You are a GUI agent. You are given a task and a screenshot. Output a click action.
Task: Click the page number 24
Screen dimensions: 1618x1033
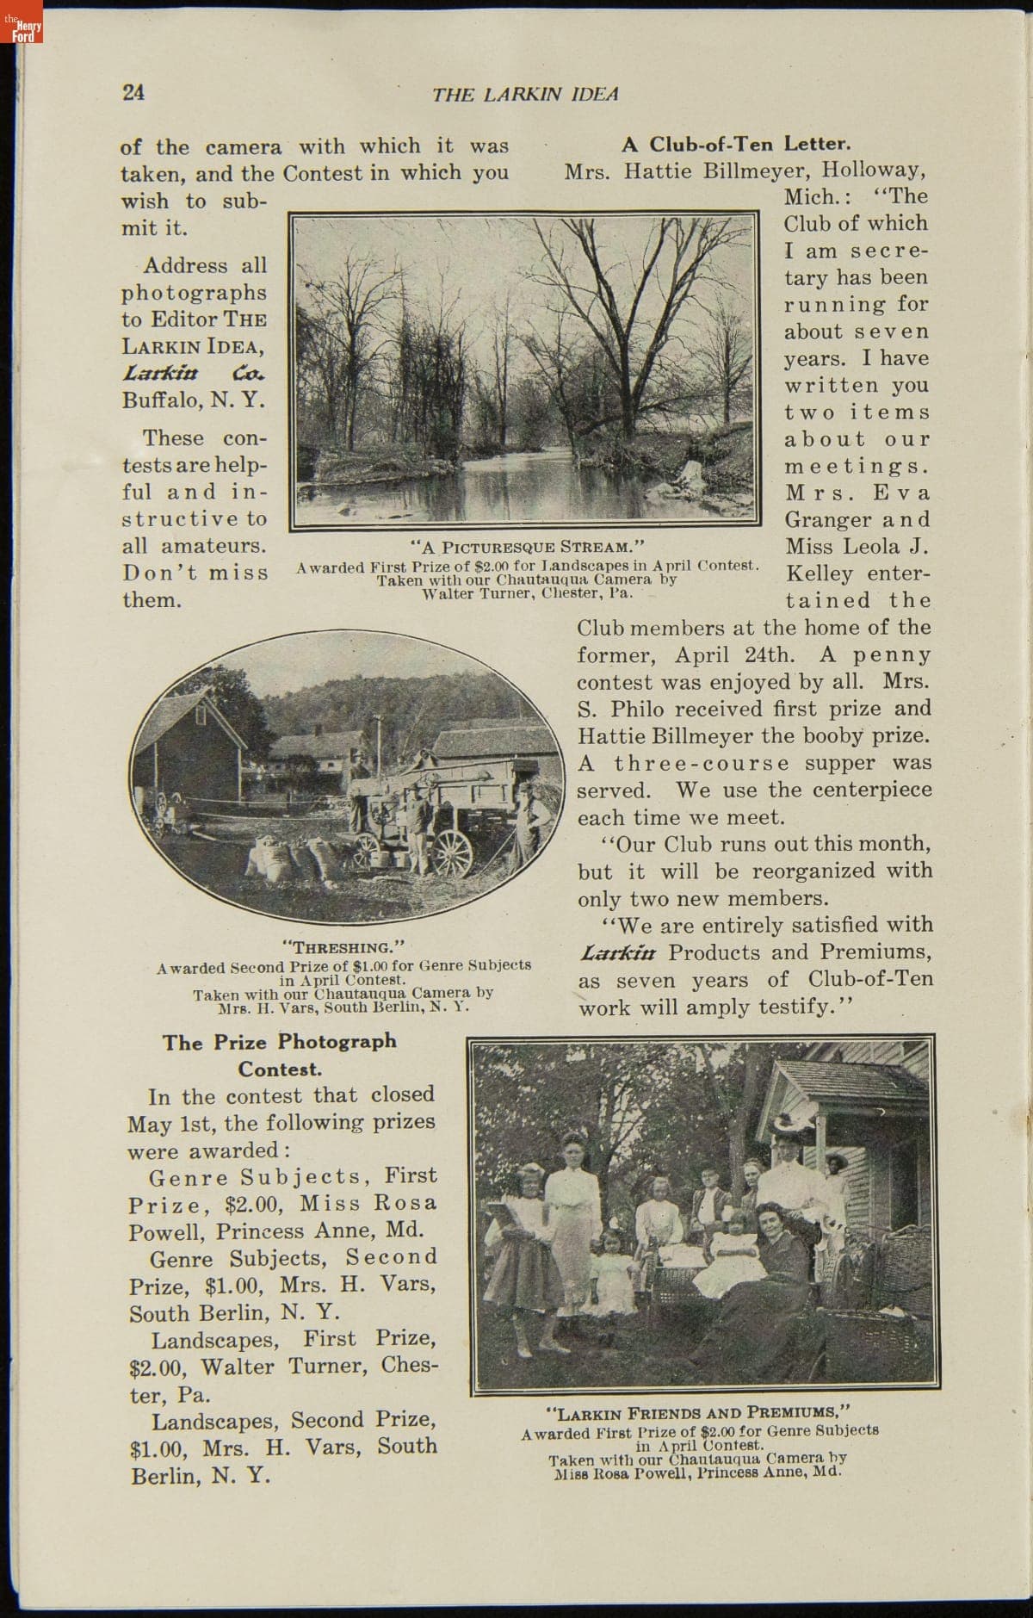(x=133, y=93)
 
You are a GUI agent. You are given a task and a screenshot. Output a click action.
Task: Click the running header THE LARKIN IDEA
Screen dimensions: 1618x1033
(x=525, y=94)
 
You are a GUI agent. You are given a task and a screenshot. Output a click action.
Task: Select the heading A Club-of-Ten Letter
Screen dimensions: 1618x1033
(x=736, y=143)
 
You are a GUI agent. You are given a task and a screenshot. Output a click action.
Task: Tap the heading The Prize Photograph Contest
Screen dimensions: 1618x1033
(x=280, y=1055)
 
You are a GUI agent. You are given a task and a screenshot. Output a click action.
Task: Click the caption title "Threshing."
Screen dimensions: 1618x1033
(x=343, y=947)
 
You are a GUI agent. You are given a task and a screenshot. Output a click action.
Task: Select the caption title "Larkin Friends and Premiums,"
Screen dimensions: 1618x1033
(x=698, y=1412)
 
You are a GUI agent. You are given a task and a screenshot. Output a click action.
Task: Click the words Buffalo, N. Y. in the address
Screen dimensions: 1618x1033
(x=193, y=400)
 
